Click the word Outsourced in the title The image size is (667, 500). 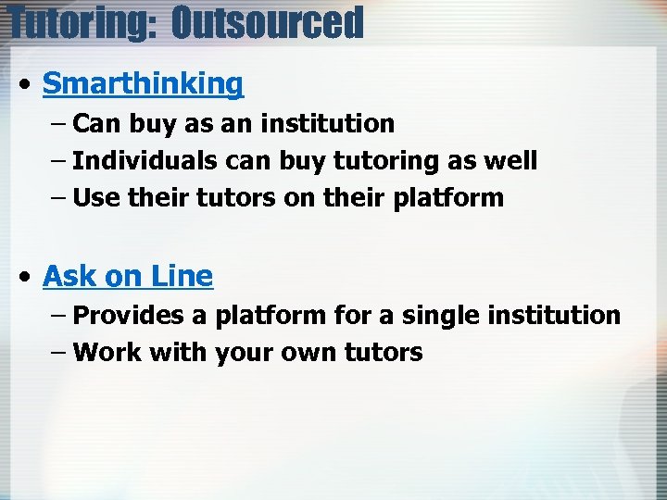point(268,22)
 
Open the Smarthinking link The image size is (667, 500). point(143,83)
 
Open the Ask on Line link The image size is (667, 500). point(128,276)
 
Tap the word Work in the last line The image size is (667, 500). point(102,353)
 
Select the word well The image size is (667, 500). point(511,160)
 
